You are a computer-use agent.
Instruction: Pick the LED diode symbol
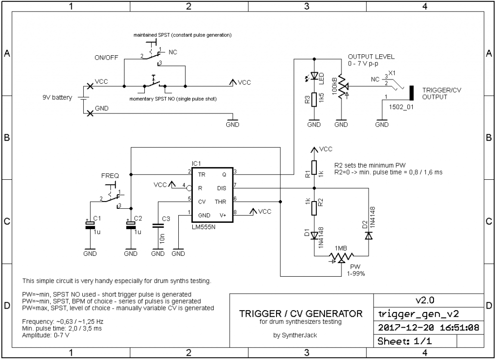(314, 76)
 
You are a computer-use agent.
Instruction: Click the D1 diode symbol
(314, 235)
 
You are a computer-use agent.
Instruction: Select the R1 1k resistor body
(314, 167)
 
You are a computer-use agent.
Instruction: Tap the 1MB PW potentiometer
(341, 256)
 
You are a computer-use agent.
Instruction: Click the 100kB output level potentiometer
(341, 86)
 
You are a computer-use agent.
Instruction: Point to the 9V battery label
(57, 97)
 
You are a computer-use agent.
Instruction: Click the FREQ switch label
(109, 175)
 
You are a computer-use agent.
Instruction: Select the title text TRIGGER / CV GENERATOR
(301, 313)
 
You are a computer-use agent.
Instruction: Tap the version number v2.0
(425, 299)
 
